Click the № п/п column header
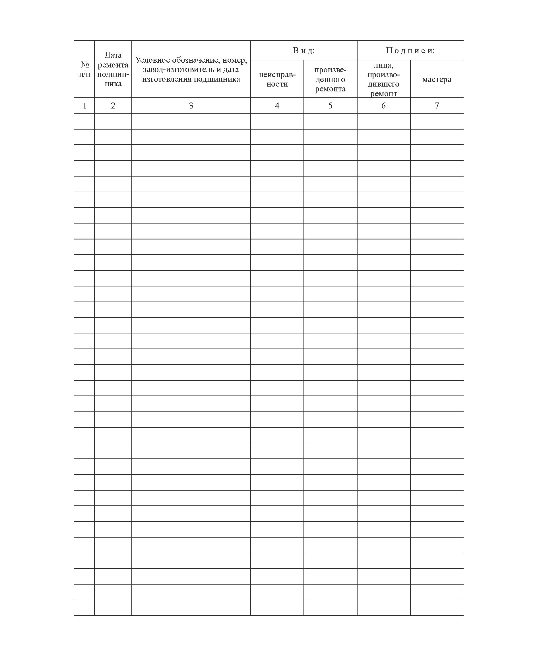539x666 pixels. [x=84, y=69]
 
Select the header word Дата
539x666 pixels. [x=113, y=55]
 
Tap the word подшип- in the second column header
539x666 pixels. [x=113, y=74]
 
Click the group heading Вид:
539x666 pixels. [x=304, y=50]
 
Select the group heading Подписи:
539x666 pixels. [x=410, y=50]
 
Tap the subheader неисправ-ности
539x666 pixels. [x=277, y=79]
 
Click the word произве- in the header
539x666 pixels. [x=330, y=69]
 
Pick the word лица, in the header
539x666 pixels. [x=383, y=65]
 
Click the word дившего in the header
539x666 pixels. [x=383, y=84]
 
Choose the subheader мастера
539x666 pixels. [x=437, y=79]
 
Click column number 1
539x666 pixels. [x=84, y=106]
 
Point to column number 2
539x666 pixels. [x=113, y=106]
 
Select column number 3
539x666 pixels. [x=191, y=106]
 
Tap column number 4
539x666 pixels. [x=277, y=106]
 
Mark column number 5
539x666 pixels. [x=330, y=106]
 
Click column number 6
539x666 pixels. [x=383, y=106]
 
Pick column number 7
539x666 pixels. [x=437, y=106]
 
